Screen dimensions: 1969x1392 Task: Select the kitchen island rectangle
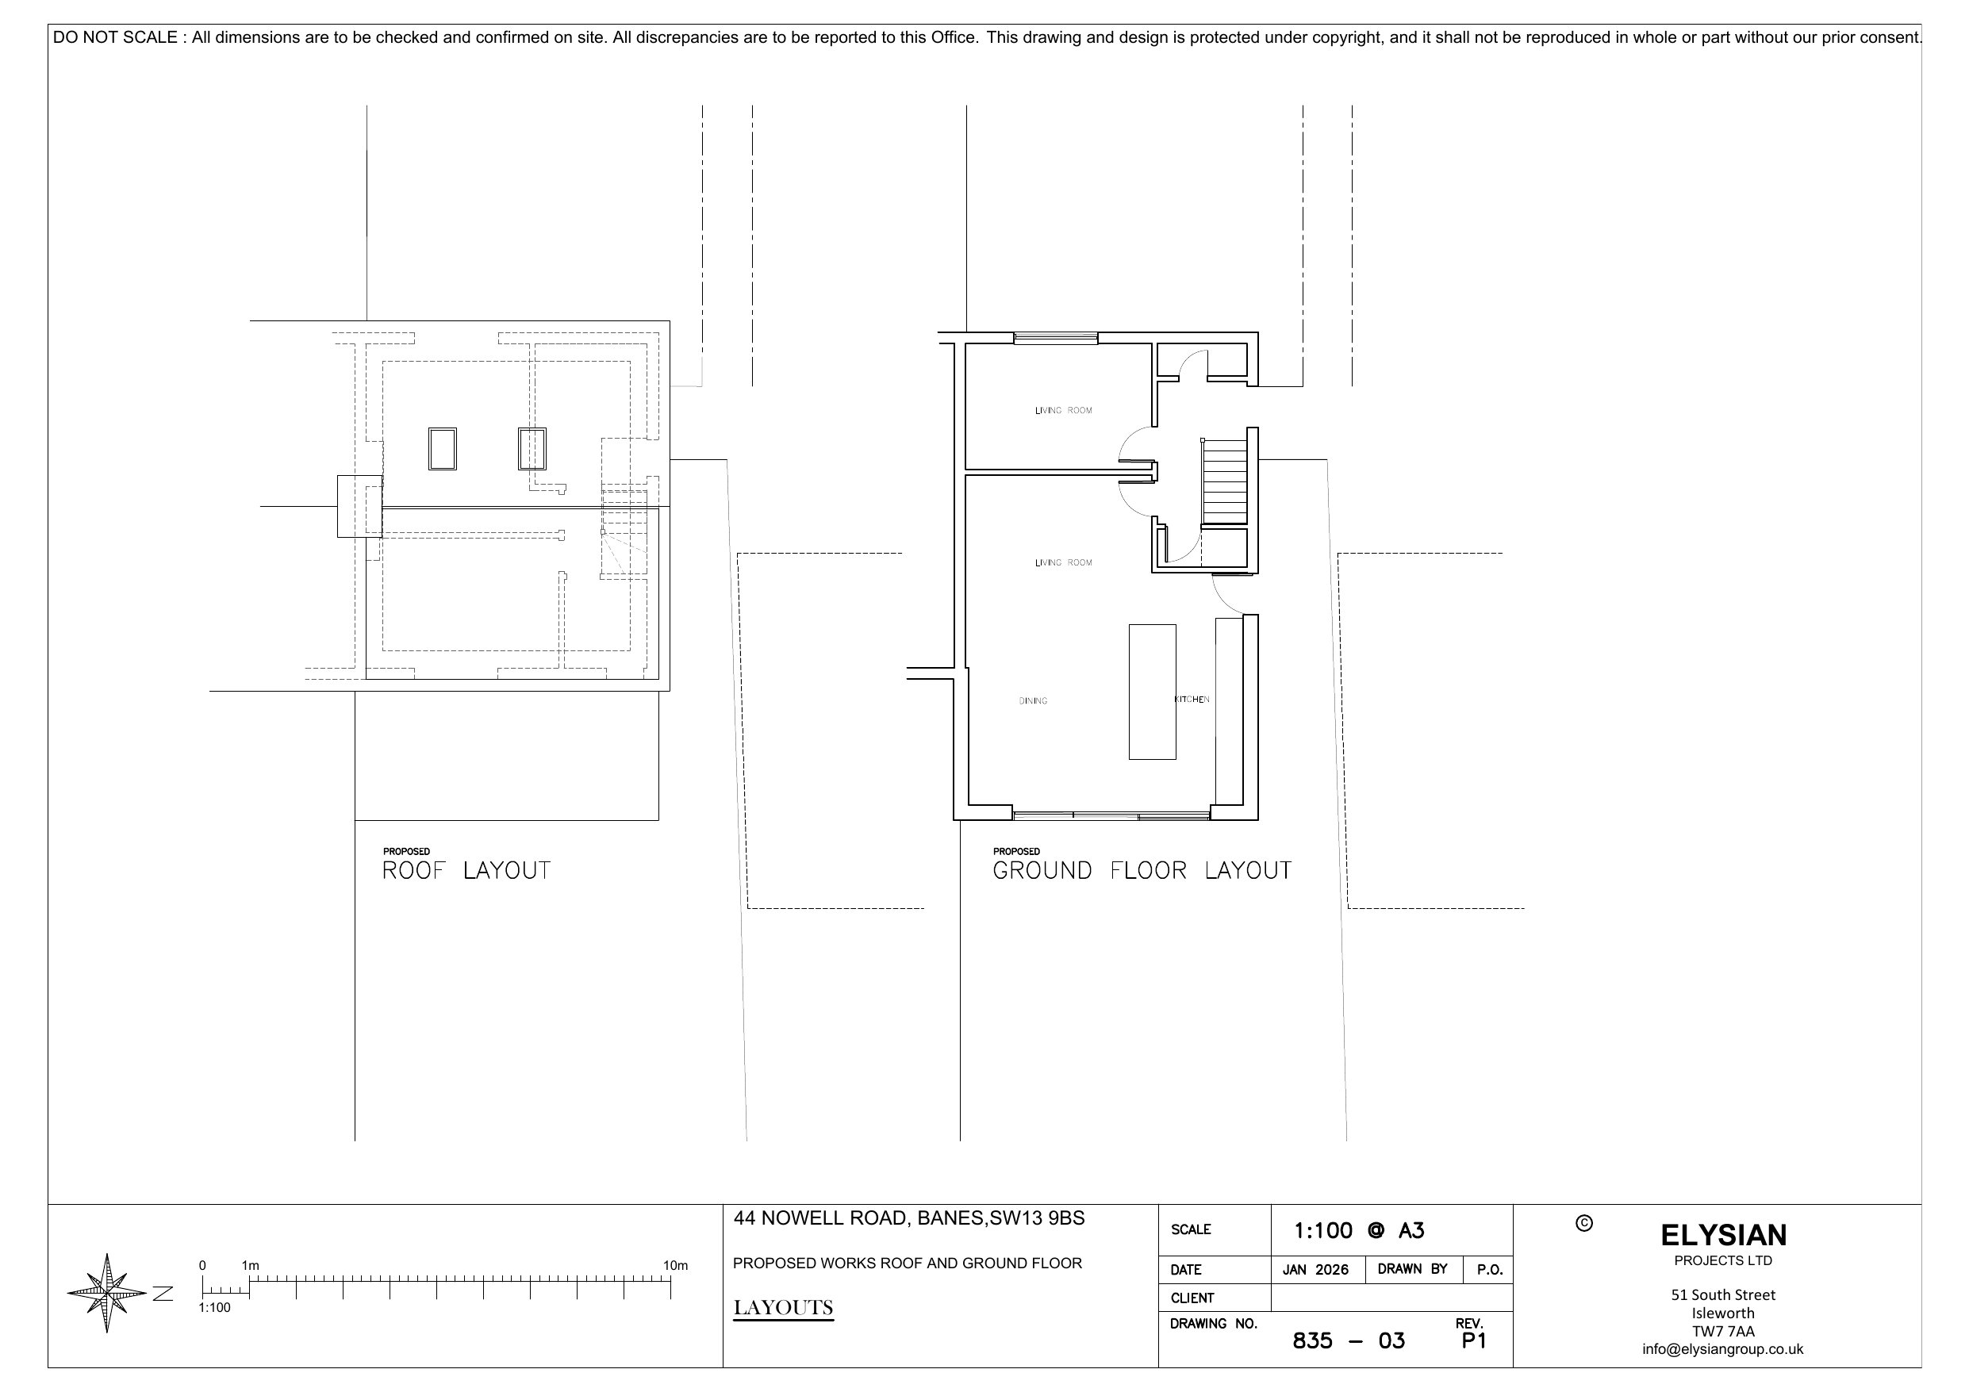click(x=1152, y=692)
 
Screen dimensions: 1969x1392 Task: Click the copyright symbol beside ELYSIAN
click(x=1584, y=1223)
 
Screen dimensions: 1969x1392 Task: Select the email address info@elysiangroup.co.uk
click(x=1723, y=1349)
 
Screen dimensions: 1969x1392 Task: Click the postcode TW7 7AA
click(x=1723, y=1331)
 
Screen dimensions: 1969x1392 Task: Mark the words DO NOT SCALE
click(x=115, y=38)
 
